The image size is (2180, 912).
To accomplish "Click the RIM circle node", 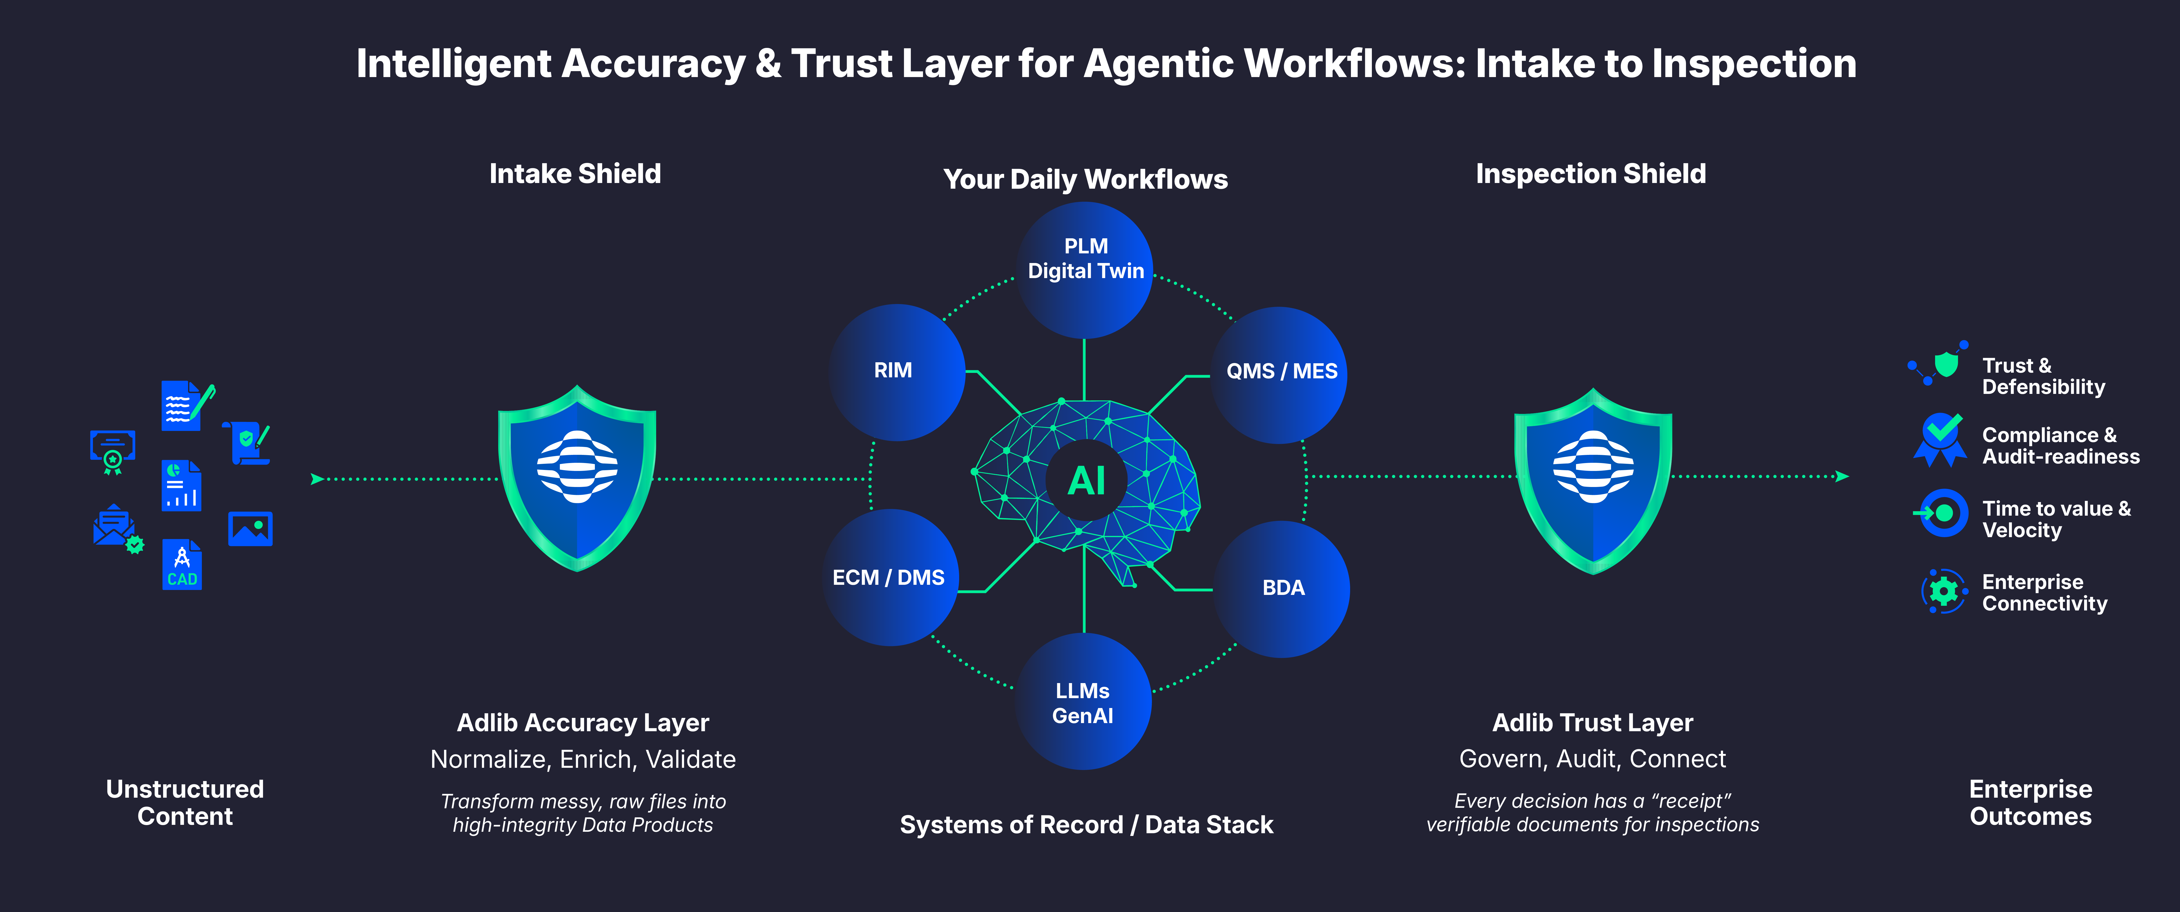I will click(x=895, y=371).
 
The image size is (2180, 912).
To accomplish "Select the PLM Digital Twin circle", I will click(x=1085, y=269).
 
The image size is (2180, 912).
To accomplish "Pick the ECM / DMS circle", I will click(x=889, y=578).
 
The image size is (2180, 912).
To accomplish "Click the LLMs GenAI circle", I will click(x=1083, y=702).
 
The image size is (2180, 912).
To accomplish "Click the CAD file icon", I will click(x=182, y=564).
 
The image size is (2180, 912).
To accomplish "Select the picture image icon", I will click(x=251, y=529).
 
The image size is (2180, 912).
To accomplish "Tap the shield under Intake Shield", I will click(x=577, y=478).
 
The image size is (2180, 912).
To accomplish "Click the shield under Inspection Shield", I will click(x=1593, y=481).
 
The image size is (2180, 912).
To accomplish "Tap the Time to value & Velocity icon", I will click(x=1943, y=513).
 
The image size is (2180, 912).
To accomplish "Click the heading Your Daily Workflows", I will click(x=1085, y=179).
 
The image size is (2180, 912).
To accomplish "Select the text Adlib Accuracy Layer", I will click(x=582, y=723).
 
